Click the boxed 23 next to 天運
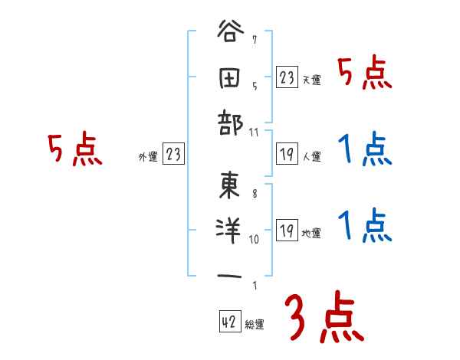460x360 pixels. [287, 77]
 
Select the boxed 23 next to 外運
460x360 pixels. [173, 155]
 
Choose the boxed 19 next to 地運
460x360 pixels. [287, 231]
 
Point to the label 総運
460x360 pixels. [255, 325]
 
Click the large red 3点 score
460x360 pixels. [322, 319]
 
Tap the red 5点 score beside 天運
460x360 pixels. [365, 74]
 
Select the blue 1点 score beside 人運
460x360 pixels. [365, 149]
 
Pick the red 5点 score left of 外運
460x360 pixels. [75, 149]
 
